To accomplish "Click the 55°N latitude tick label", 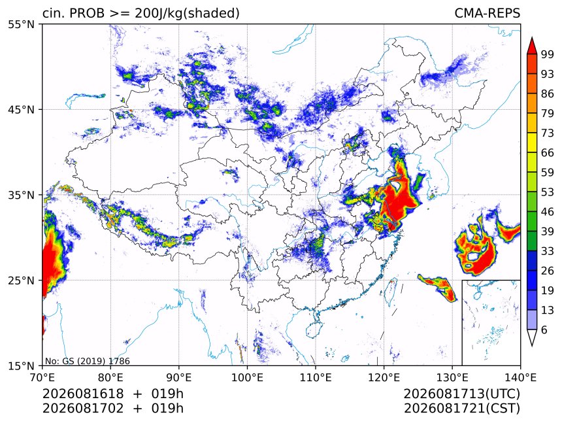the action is click(x=21, y=24).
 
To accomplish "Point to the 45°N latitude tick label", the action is click(x=21, y=109).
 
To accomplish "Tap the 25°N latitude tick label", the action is click(x=21, y=280).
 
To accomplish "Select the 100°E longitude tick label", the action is click(x=247, y=377).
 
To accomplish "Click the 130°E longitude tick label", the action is click(x=452, y=377).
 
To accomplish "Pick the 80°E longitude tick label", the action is click(x=110, y=377).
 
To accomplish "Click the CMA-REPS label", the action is click(x=487, y=13).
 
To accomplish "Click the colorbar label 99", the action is click(x=548, y=54).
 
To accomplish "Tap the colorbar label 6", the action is click(x=544, y=330).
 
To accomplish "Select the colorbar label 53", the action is click(x=548, y=192).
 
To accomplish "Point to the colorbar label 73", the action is click(x=548, y=133).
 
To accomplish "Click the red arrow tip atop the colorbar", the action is click(x=532, y=37).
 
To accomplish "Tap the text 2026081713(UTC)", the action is click(x=461, y=394).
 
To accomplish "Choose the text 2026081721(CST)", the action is click(x=461, y=409).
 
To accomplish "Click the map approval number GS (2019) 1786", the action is click(x=96, y=361).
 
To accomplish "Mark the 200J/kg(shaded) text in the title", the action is click(x=187, y=13).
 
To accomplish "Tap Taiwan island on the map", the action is click(x=390, y=291).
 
